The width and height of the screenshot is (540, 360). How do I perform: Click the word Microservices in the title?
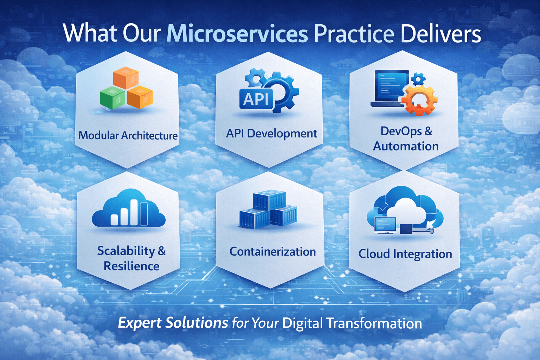pos(237,34)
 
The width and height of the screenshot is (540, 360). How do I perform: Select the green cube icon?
pos(113,97)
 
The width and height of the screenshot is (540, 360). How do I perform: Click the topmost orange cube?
pos(126,78)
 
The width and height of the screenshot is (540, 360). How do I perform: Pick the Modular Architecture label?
pos(128,135)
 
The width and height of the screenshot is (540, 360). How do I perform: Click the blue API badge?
pos(257,99)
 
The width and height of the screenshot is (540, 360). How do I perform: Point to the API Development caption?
pos(271,134)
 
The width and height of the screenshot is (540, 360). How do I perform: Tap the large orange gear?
pos(419,100)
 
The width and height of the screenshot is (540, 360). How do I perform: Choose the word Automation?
pos(406,146)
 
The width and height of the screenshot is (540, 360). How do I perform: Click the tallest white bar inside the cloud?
pos(134,212)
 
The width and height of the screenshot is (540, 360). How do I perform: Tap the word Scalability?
pos(126,251)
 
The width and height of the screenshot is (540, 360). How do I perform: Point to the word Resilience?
pos(131,266)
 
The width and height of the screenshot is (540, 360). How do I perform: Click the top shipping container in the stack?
pos(269,200)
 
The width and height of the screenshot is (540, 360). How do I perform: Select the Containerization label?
pos(273,252)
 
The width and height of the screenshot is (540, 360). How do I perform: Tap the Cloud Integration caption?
pos(405,254)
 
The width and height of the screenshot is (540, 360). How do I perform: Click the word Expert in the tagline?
pos(140,323)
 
